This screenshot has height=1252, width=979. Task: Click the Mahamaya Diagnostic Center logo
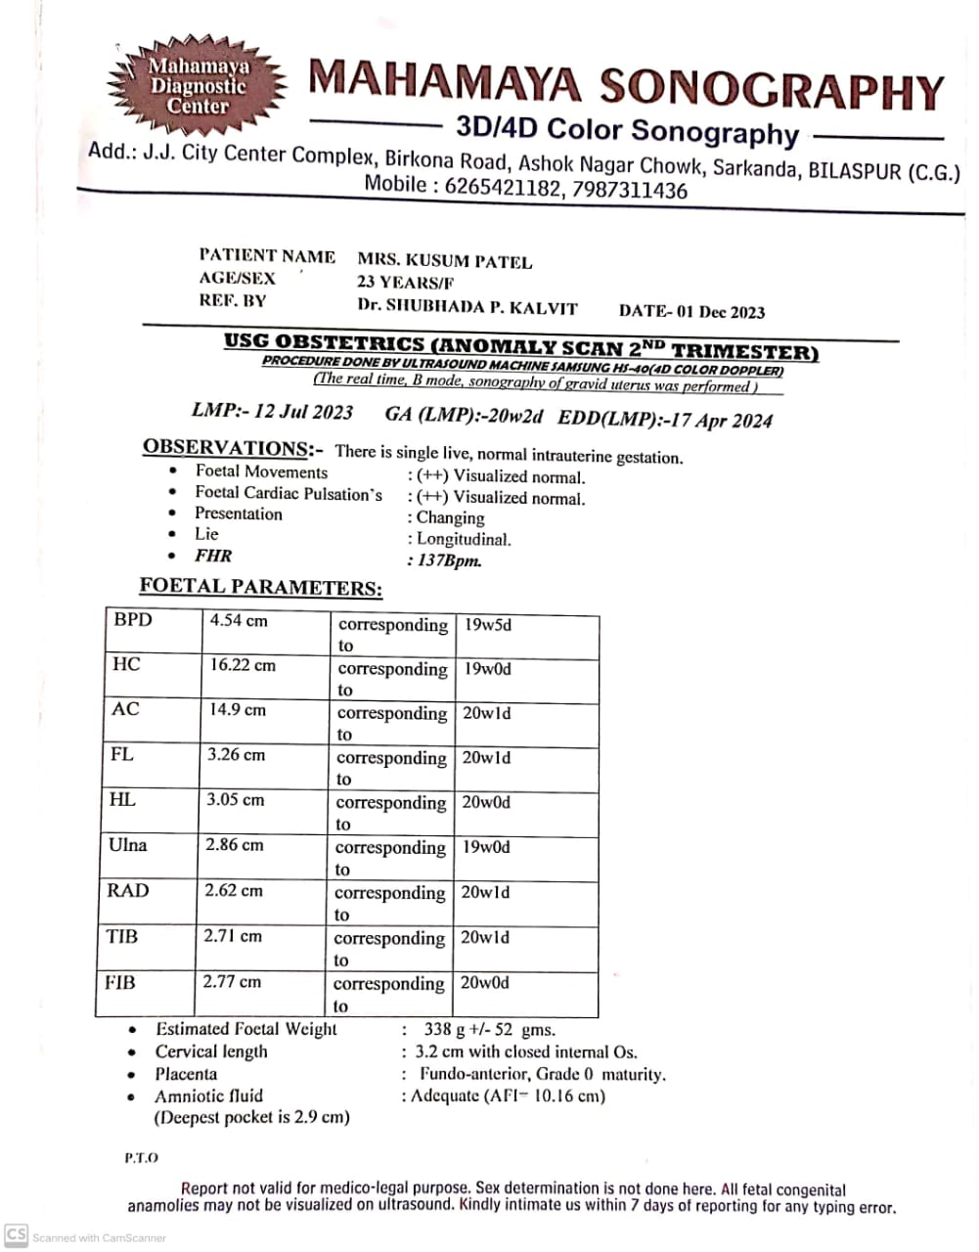[198, 85]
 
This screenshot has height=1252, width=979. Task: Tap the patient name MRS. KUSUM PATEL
[444, 261]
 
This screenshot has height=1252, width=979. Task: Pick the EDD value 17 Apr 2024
[722, 421]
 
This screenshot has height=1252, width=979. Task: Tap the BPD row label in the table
[133, 619]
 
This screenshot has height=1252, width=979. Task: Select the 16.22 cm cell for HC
[243, 665]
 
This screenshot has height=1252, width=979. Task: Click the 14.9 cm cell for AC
[238, 709]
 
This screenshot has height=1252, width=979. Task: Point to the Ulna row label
[127, 845]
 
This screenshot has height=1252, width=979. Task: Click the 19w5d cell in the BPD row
[488, 624]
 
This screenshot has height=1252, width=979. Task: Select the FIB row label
[120, 981]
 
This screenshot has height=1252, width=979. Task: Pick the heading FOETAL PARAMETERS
[260, 588]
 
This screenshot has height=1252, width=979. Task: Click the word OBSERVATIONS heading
[226, 448]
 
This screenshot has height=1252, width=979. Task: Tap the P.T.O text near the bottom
[141, 1157]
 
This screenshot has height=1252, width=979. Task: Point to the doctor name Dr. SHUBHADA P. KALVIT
[467, 306]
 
